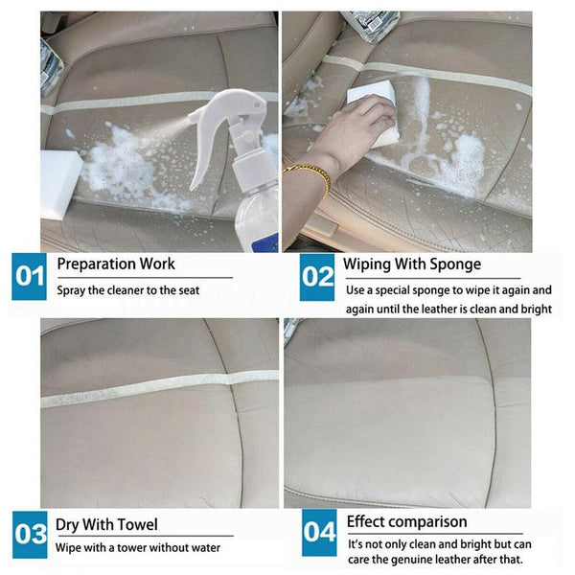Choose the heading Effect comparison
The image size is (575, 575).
coord(406,522)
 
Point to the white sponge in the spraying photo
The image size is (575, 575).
coord(59,177)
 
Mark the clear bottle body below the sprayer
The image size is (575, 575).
coord(254,216)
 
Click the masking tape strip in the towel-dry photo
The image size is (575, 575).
coord(144,388)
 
